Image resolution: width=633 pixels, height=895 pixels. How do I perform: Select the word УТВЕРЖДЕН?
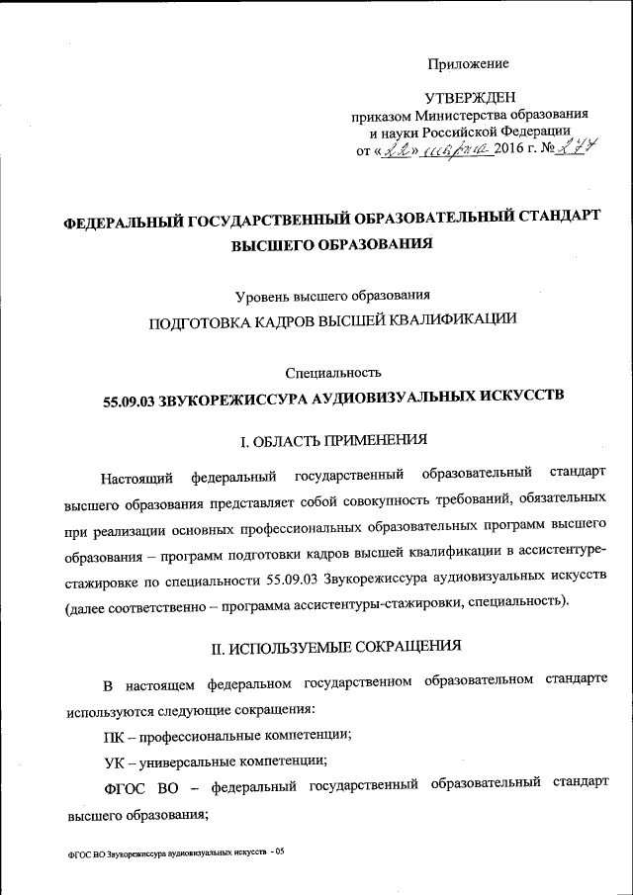(468, 98)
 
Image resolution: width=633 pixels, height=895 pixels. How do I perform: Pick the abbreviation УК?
(114, 761)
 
